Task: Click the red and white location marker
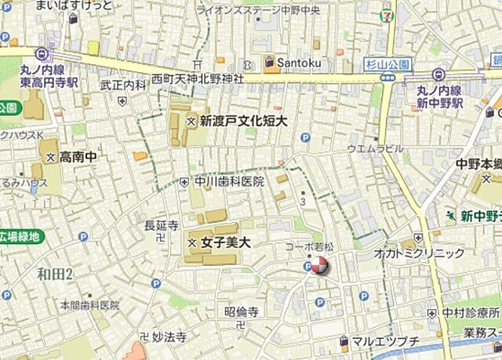pyautogui.click(x=318, y=267)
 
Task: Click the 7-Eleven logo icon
pyautogui.click(x=386, y=15)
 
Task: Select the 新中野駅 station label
pyautogui.click(x=440, y=103)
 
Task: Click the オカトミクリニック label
pyautogui.click(x=420, y=253)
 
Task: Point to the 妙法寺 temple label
pyautogui.click(x=169, y=337)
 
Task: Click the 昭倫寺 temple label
pyautogui.click(x=241, y=311)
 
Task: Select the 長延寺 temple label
pyautogui.click(x=161, y=225)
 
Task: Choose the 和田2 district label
pyautogui.click(x=55, y=274)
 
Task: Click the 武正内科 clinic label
pyautogui.click(x=123, y=85)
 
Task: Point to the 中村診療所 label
pyautogui.click(x=470, y=312)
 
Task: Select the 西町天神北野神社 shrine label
pyautogui.click(x=197, y=79)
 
